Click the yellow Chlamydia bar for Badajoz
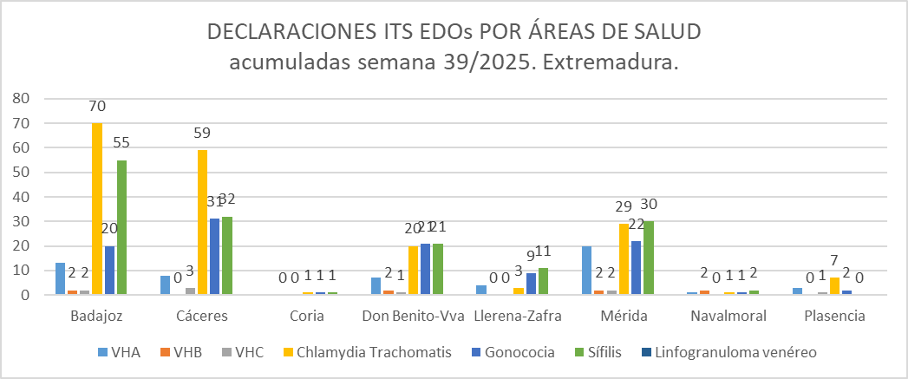click(x=97, y=208)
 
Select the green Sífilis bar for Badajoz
click(x=121, y=227)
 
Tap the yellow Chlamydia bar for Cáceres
click(x=202, y=222)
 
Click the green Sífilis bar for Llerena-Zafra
click(x=542, y=281)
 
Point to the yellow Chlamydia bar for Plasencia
click(x=834, y=286)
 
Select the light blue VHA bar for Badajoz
click(x=59, y=278)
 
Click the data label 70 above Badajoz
click(x=97, y=107)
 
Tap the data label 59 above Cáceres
click(x=202, y=134)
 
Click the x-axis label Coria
click(x=308, y=316)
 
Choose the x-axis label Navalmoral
click(x=728, y=316)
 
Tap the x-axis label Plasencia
click(x=833, y=316)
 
